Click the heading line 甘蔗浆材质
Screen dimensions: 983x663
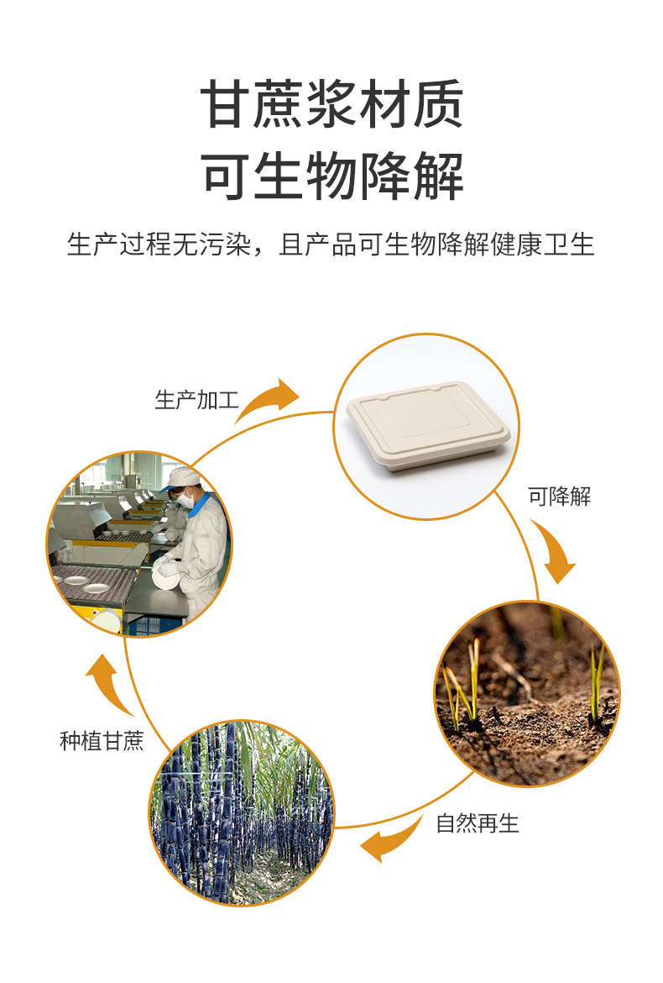click(x=331, y=105)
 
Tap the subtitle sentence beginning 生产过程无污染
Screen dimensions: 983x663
click(x=331, y=244)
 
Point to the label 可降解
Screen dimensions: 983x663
click(x=559, y=497)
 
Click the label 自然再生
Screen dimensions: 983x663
click(x=478, y=823)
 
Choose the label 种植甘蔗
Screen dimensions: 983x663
click(x=102, y=741)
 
